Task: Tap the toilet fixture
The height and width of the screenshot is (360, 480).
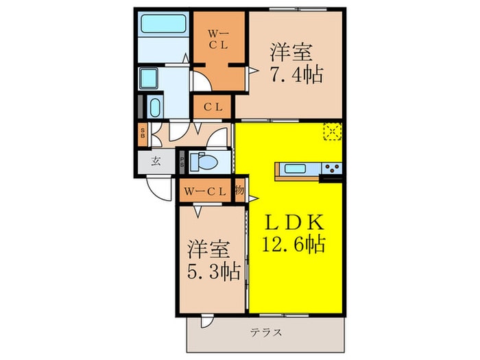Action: (203, 162)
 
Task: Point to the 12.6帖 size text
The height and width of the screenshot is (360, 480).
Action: (293, 243)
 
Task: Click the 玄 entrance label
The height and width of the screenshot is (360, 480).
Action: (156, 162)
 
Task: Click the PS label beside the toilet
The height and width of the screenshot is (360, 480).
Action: (182, 163)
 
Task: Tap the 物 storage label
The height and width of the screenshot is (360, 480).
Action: (240, 191)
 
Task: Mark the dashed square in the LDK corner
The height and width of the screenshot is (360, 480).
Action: (333, 131)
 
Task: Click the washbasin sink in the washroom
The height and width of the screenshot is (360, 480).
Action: (154, 107)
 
